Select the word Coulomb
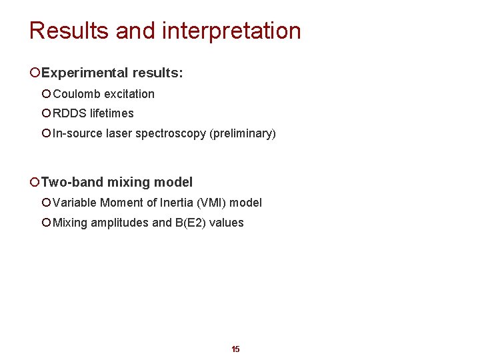[77, 94]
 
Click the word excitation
[129, 94]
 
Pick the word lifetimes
[111, 113]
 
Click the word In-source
[77, 133]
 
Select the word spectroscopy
[171, 133]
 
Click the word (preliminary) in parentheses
[243, 133]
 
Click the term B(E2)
[190, 223]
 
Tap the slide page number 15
[235, 349]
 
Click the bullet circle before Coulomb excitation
[46, 94]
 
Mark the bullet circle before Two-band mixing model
[34, 182]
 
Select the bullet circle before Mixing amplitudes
[46, 223]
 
